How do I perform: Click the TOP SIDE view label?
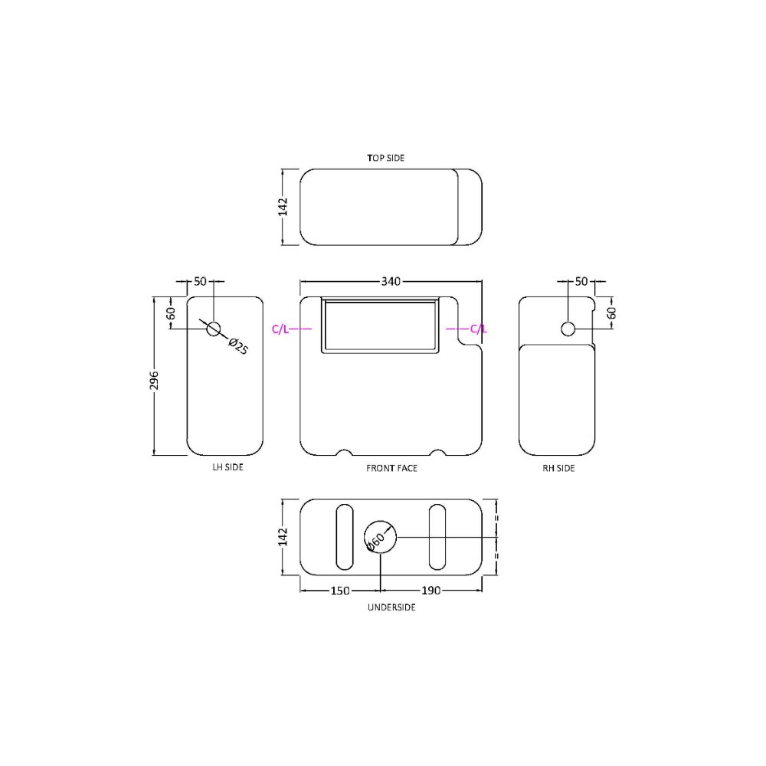(385, 158)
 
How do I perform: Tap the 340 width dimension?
(391, 282)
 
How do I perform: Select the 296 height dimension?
(154, 381)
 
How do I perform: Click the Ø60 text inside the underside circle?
(375, 540)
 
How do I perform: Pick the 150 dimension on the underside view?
(340, 591)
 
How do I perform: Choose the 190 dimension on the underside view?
(431, 591)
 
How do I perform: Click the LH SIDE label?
(228, 467)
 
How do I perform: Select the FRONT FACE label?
(391, 467)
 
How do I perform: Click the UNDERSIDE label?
(391, 607)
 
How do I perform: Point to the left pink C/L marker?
(280, 329)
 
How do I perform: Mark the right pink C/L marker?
(478, 329)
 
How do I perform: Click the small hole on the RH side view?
(568, 329)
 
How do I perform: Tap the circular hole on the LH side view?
(214, 329)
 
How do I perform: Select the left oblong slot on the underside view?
(345, 537)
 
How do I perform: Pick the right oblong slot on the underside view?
(437, 537)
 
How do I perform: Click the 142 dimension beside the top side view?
(283, 207)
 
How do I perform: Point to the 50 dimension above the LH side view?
(200, 282)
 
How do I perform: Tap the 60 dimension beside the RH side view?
(611, 313)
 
